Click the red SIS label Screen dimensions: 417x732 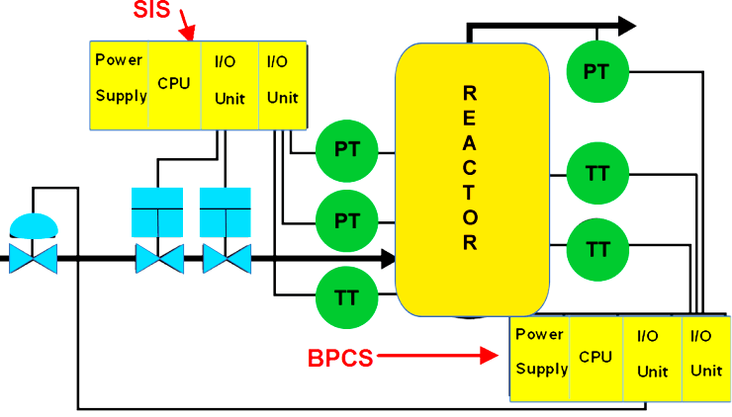153,12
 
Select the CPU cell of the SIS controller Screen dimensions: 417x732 174,85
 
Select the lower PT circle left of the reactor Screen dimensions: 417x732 346,219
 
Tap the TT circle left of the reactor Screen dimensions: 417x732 346,292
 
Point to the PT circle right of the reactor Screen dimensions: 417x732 596,72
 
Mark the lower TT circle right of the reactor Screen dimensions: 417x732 596,247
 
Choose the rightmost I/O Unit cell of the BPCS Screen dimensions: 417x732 705,357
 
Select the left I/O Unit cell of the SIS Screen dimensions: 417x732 229,85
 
